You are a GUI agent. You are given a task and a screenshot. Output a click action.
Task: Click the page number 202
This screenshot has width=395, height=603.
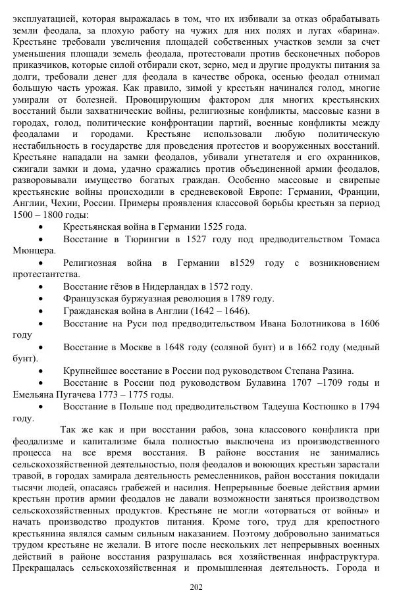pos(196,588)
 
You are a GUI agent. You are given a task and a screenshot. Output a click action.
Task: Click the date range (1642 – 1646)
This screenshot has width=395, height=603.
pos(217,310)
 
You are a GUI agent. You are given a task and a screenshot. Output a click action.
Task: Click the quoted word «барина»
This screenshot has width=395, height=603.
pos(359,30)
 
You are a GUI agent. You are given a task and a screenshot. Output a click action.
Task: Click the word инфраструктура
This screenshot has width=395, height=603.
pos(338,556)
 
